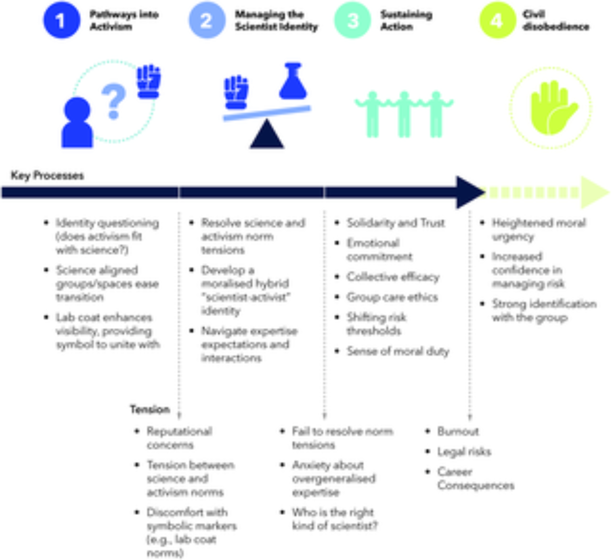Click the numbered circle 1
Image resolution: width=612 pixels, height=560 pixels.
[x=62, y=20]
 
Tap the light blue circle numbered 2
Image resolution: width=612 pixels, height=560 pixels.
[x=207, y=20]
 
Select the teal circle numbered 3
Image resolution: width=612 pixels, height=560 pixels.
[x=352, y=20]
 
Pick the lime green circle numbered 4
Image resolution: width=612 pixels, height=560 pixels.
[x=497, y=20]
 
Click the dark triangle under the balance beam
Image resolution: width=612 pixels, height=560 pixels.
[x=267, y=135]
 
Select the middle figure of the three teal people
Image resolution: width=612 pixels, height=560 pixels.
[x=404, y=114]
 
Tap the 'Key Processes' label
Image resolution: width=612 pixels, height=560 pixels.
[x=47, y=176]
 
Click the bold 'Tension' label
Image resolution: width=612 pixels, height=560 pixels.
[x=150, y=409]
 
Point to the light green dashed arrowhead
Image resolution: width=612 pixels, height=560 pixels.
[x=594, y=192]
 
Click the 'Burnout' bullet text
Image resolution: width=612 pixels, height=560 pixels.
[x=458, y=431]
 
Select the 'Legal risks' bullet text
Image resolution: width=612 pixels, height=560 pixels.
[x=464, y=451]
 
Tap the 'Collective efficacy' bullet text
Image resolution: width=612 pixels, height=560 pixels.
[x=393, y=277]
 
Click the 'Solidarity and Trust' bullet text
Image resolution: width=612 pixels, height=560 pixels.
[x=395, y=223]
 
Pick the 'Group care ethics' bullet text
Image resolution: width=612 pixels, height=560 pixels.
[x=392, y=297]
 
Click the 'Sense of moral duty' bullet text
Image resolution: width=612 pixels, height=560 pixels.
[x=398, y=351]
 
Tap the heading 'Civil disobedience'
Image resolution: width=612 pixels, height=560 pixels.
[x=556, y=20]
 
